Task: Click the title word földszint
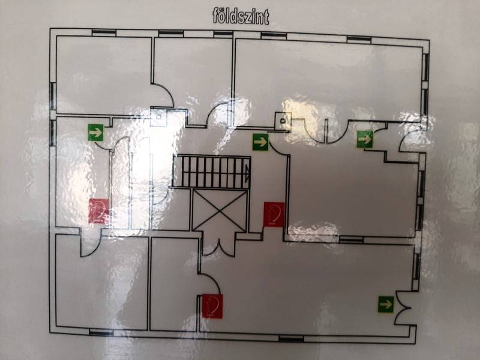(241, 17)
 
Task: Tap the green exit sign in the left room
(96, 133)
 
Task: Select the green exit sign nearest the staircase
(260, 142)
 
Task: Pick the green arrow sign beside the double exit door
(386, 304)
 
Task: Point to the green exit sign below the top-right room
(365, 139)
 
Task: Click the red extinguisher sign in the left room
(99, 211)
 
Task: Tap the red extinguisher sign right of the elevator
(274, 214)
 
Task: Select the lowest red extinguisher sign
(212, 306)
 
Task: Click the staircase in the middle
(212, 172)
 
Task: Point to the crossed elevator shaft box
(219, 211)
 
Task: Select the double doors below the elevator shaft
(219, 247)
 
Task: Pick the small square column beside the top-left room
(158, 117)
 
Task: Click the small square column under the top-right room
(283, 121)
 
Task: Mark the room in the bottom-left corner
(101, 282)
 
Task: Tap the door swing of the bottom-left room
(91, 244)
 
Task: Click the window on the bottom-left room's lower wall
(101, 332)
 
